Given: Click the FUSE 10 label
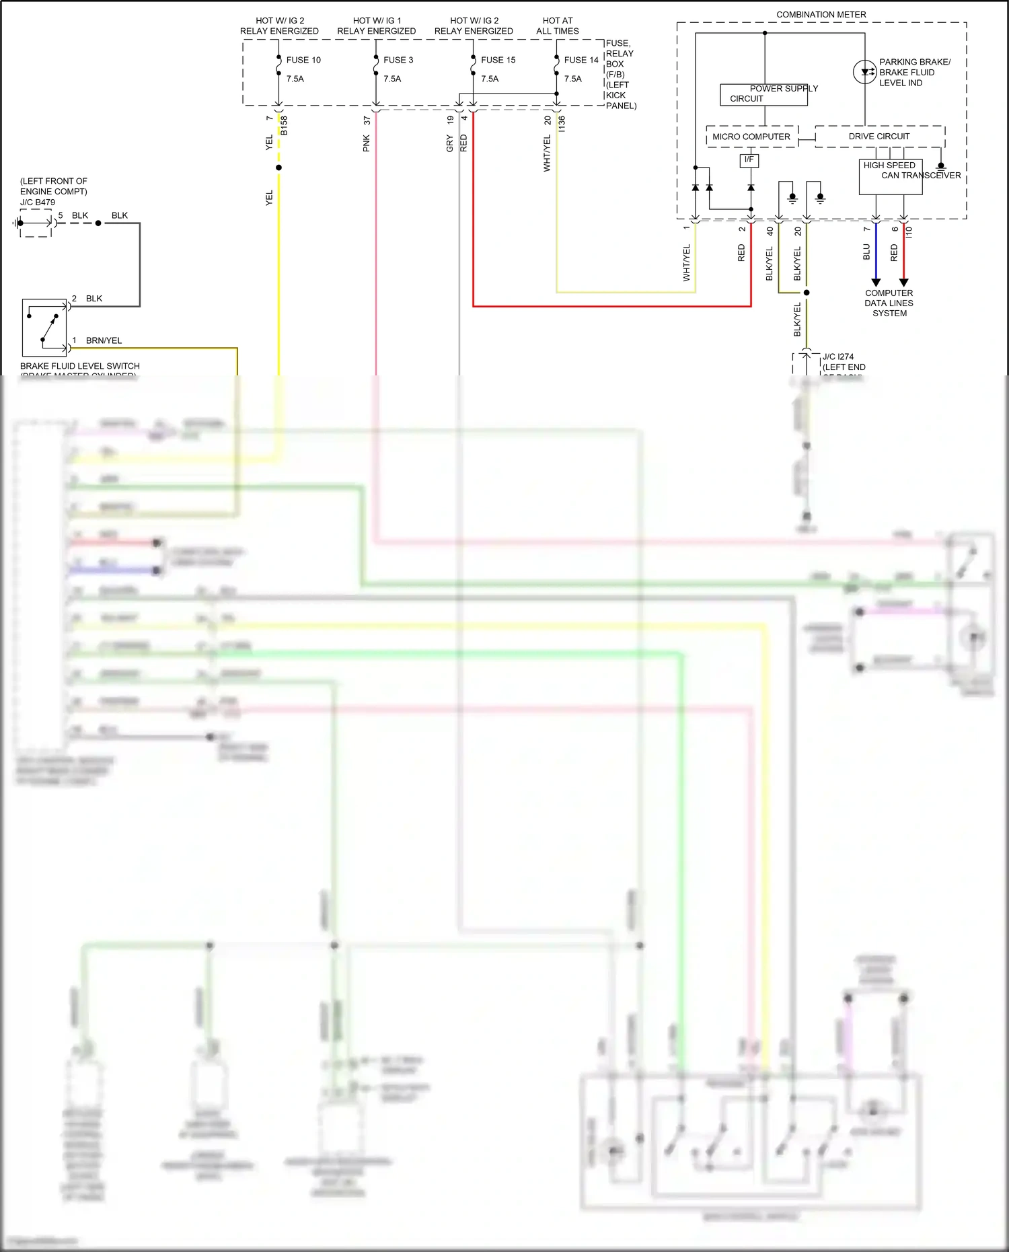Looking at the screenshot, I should click(x=303, y=60).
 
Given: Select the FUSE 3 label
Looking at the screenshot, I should click(x=398, y=60).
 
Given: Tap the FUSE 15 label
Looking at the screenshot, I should click(x=498, y=60).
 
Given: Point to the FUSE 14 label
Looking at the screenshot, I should click(x=581, y=60).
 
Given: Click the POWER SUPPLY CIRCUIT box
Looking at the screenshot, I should click(x=763, y=94).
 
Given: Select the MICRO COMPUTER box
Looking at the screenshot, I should click(x=751, y=137).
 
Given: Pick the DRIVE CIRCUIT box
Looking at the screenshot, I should click(x=879, y=137).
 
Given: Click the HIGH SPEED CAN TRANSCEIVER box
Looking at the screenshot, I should click(x=890, y=177).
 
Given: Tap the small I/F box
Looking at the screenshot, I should click(x=749, y=160).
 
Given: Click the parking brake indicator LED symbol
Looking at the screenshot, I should click(x=864, y=72).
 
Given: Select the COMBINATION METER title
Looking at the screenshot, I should click(x=821, y=14).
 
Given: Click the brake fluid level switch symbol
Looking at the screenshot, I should click(x=44, y=328).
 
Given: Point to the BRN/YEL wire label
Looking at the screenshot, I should click(x=104, y=340).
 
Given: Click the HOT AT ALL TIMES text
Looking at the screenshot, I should click(x=557, y=26).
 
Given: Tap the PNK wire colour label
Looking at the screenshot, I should click(x=367, y=143).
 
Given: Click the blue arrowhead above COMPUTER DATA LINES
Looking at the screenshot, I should click(x=876, y=282).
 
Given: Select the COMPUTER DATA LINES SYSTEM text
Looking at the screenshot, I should click(x=889, y=303).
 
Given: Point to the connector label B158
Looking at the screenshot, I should click(x=284, y=125).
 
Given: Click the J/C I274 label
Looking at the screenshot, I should click(x=838, y=357).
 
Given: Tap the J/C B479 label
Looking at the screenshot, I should click(x=38, y=202).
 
